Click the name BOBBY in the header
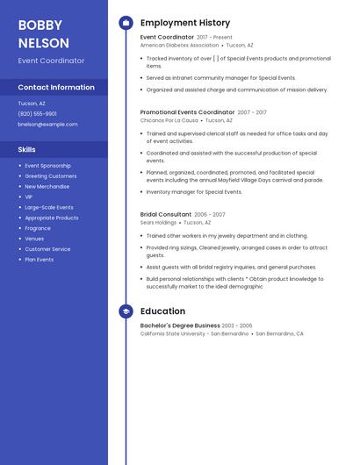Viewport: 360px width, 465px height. (x=39, y=25)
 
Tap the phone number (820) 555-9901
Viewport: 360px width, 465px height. (x=38, y=114)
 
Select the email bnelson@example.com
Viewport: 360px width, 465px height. (x=47, y=125)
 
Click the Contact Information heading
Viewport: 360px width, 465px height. (x=56, y=88)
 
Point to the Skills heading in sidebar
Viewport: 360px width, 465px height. (x=27, y=150)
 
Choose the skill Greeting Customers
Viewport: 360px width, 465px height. (x=51, y=176)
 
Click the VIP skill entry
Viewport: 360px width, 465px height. (x=30, y=197)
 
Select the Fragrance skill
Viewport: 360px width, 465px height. (x=38, y=228)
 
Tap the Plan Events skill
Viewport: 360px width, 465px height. (x=40, y=260)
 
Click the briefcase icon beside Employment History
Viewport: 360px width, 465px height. (x=126, y=23)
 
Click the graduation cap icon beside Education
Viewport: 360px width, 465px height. (x=126, y=311)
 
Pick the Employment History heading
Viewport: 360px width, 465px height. (x=185, y=23)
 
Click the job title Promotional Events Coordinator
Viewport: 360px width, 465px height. (x=187, y=112)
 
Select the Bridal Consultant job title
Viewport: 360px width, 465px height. (x=166, y=214)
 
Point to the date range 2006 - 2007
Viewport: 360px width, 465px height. (x=210, y=214)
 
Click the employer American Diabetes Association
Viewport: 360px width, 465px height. (x=179, y=46)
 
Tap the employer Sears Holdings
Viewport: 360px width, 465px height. (x=158, y=223)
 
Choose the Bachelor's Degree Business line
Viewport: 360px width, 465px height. (x=180, y=325)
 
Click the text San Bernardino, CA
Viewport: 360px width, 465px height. (x=280, y=334)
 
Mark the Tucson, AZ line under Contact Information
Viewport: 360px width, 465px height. (x=32, y=104)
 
